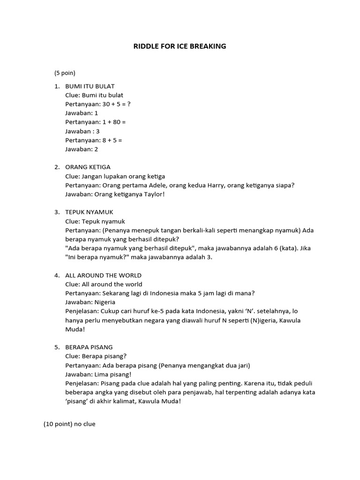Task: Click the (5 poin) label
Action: click(x=65, y=73)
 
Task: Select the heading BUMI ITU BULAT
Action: click(x=90, y=86)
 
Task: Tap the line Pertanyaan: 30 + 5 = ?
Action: click(x=98, y=104)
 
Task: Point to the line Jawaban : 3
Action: click(x=82, y=131)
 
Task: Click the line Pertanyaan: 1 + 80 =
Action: click(x=96, y=122)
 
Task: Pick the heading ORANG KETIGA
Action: click(x=88, y=167)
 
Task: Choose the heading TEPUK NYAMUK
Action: click(x=89, y=212)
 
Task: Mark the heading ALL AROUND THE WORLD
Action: click(x=103, y=275)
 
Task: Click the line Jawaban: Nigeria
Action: click(x=90, y=302)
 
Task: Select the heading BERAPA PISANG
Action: click(x=89, y=347)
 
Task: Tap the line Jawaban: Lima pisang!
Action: click(x=98, y=374)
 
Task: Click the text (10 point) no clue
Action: click(x=69, y=424)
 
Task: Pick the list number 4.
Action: click(x=56, y=275)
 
